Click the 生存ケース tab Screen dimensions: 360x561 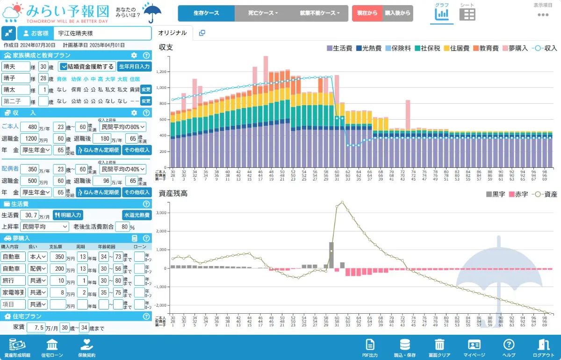206,13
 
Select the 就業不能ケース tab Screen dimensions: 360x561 320,13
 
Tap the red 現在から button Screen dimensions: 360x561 367,13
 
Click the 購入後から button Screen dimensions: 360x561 397,13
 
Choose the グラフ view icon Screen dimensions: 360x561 441,14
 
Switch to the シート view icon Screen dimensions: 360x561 467,14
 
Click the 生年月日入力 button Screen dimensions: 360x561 135,66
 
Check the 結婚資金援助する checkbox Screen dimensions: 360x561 64,66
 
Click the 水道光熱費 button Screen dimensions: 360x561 137,215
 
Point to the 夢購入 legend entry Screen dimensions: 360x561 515,48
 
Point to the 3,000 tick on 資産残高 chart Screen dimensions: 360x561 161,213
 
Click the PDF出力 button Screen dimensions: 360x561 370,347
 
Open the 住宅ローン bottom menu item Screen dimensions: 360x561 52,347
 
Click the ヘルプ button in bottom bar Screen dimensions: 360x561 509,347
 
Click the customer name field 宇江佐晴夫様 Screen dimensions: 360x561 102,34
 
